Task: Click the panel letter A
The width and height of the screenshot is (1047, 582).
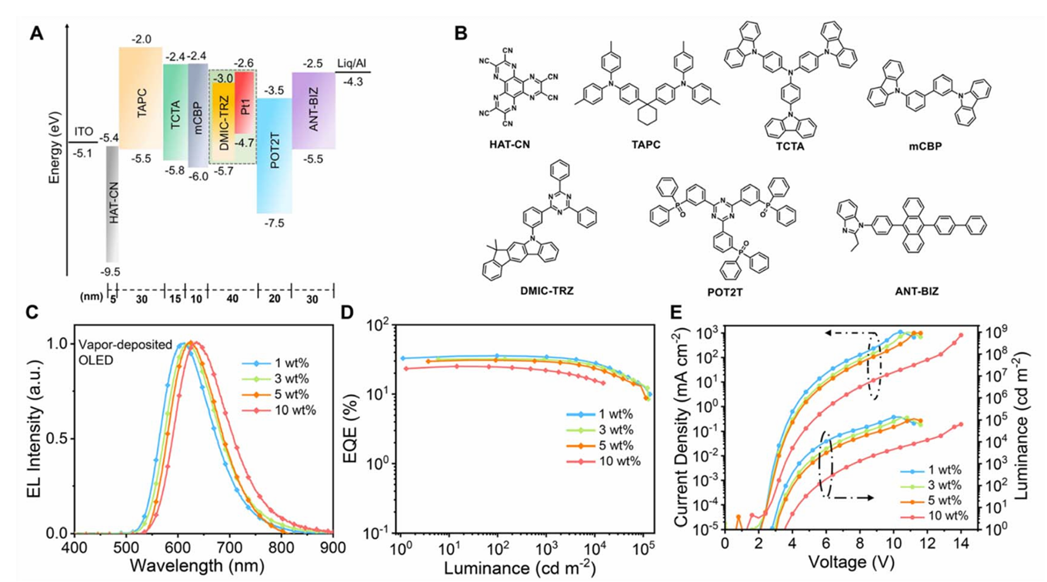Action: click(x=35, y=34)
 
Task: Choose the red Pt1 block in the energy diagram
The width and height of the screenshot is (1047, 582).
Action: click(x=245, y=100)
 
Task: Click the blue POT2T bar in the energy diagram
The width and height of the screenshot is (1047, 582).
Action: click(x=274, y=154)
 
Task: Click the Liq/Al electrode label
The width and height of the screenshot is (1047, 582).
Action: click(x=354, y=62)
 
